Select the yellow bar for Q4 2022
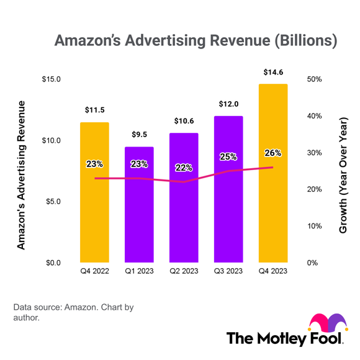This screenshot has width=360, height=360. point(94,211)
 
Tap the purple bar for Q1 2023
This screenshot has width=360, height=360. point(139,217)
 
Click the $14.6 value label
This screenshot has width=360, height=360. point(273,73)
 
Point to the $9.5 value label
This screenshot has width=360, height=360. point(139,135)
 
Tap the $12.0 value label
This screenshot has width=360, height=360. point(228,104)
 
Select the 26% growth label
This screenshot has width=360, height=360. point(273,153)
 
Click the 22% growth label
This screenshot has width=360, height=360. point(184,168)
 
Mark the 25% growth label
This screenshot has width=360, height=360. point(228,157)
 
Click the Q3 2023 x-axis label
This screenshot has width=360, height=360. point(228,271)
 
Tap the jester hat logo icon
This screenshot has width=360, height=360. point(326,325)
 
